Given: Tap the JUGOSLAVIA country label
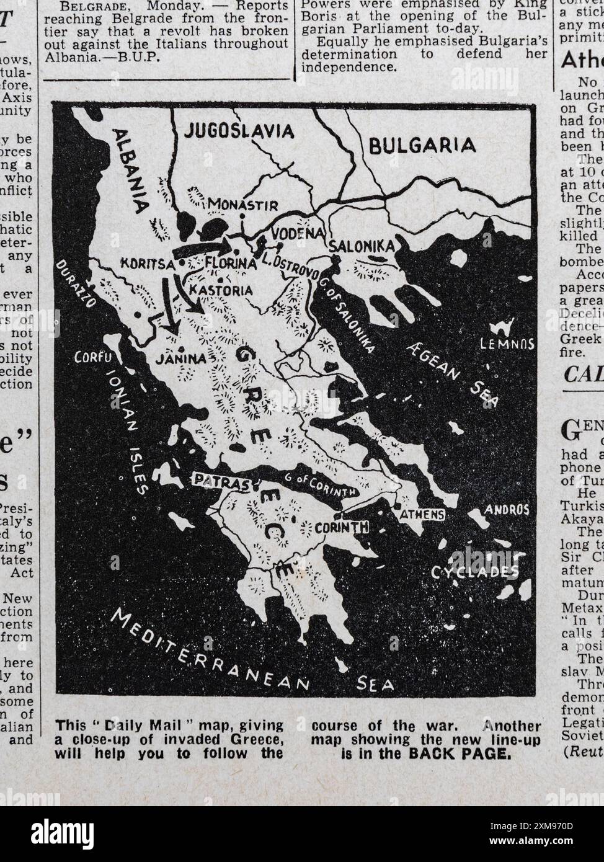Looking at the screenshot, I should click(239, 131).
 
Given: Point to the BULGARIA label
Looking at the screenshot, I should click(422, 146).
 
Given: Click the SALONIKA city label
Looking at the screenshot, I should click(362, 246).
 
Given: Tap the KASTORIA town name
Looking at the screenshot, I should click(221, 290).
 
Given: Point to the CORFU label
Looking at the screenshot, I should click(92, 358).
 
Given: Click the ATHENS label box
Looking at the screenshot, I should click(422, 514).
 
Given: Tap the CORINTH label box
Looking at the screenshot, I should click(342, 528).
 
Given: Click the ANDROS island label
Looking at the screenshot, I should click(507, 509).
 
